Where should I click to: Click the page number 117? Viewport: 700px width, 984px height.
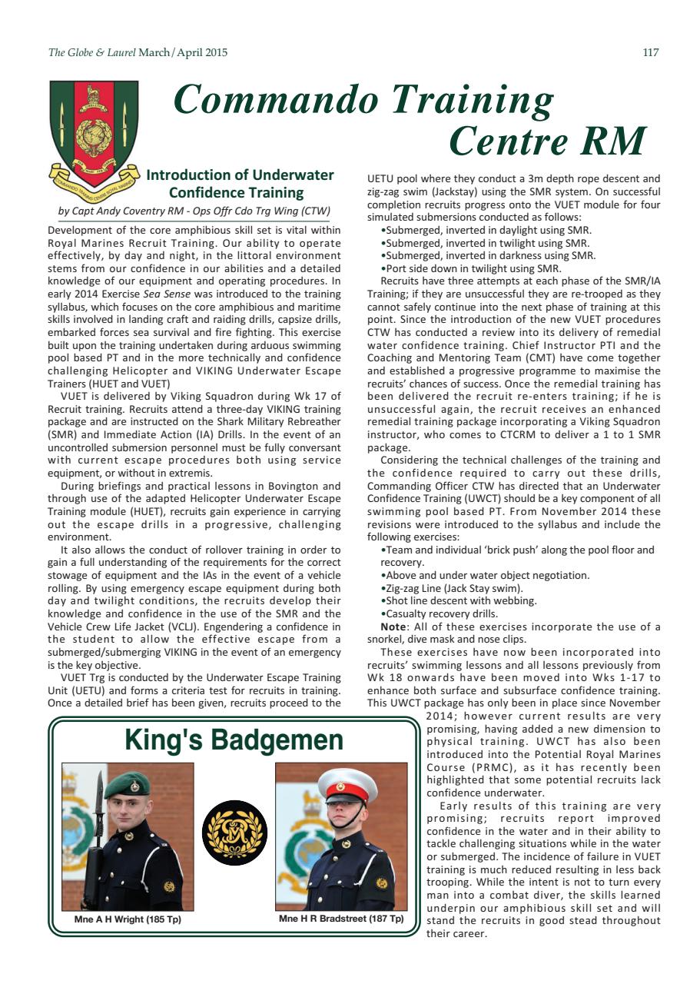click(650, 53)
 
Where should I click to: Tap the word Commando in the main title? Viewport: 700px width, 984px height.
click(276, 100)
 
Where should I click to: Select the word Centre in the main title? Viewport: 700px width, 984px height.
click(507, 141)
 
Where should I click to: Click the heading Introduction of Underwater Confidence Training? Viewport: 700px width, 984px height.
click(239, 184)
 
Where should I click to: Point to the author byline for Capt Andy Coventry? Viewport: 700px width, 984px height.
click(194, 211)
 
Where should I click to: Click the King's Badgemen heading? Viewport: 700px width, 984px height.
click(234, 740)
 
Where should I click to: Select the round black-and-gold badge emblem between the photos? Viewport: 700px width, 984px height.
click(234, 834)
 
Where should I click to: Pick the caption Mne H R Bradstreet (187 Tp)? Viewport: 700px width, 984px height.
click(341, 919)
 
